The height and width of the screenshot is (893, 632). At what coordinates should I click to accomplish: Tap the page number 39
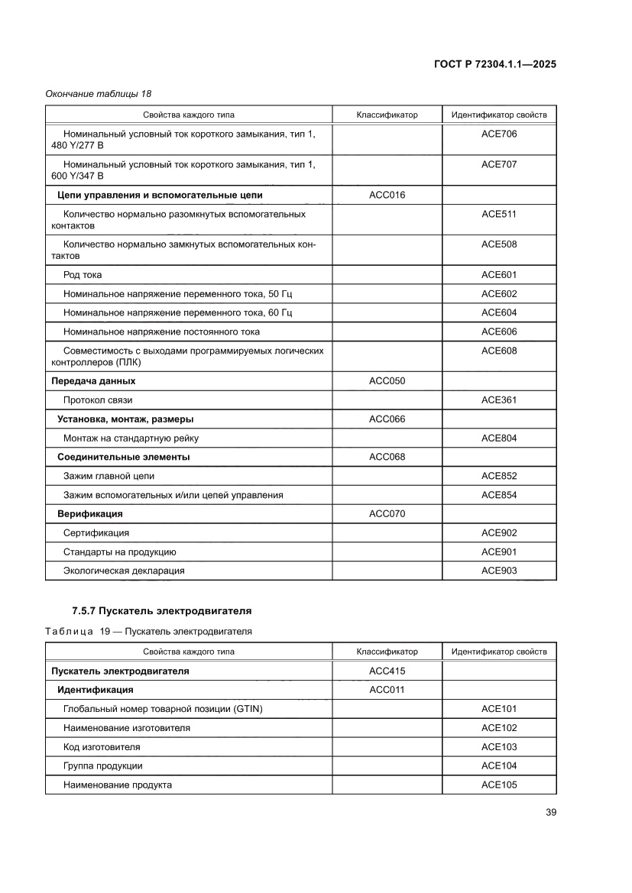(x=550, y=812)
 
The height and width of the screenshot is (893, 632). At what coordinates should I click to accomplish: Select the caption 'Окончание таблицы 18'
(x=98, y=94)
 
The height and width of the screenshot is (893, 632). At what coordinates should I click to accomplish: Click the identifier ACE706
(x=499, y=134)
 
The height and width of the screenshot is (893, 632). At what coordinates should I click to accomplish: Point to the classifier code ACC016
(x=387, y=195)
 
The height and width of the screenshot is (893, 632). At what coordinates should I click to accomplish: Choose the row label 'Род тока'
(x=83, y=275)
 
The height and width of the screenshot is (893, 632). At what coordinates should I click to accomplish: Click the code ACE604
(x=499, y=313)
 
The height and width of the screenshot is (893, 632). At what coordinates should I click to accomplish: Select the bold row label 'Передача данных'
(x=93, y=381)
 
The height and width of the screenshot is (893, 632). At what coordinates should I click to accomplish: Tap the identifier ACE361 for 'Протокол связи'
(x=499, y=400)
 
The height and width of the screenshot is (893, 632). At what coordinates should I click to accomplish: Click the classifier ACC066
(x=387, y=419)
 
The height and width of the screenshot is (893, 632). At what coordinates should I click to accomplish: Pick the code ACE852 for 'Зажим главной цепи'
(x=499, y=476)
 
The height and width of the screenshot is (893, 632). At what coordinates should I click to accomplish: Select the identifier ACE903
(x=499, y=571)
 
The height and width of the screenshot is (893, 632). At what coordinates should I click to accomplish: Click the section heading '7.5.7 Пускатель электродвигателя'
(x=161, y=611)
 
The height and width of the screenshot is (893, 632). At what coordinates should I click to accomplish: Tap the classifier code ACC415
(x=387, y=671)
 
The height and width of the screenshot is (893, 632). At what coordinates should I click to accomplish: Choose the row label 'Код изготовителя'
(x=102, y=747)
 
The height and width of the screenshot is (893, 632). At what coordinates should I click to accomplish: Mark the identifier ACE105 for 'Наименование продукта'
(x=499, y=785)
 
